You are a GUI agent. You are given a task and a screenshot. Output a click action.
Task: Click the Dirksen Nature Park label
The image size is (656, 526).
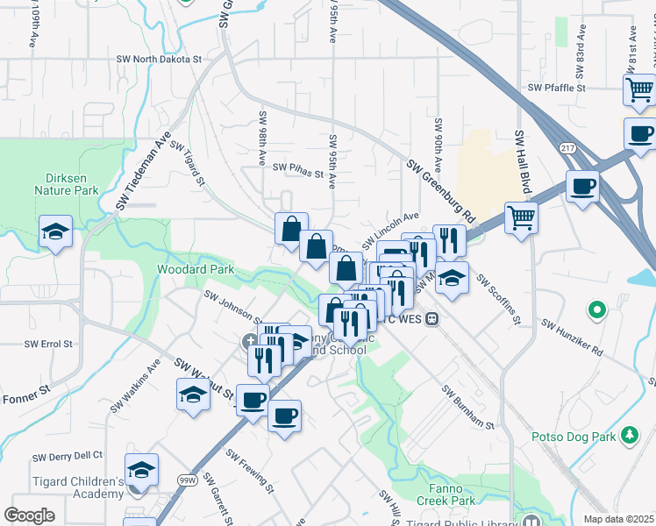tap(65, 181)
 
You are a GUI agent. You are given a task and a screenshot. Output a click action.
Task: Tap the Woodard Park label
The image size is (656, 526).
tap(196, 269)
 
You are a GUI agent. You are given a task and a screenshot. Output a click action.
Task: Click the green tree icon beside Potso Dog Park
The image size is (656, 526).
tap(629, 435)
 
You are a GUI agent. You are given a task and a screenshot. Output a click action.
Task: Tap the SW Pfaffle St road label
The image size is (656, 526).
tap(556, 88)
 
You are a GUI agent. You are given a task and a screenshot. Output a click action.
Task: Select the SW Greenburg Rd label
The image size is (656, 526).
tap(440, 189)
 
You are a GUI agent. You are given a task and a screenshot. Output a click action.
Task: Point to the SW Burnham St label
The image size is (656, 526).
tap(468, 408)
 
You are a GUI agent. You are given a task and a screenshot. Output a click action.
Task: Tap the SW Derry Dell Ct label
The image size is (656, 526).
tap(68, 457)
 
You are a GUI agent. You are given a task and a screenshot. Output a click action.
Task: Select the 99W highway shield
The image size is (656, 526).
tap(187, 480)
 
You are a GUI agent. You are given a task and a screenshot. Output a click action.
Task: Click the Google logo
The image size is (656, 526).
tap(29, 515)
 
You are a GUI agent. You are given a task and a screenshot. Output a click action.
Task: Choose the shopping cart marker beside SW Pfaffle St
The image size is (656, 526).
tap(639, 89)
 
